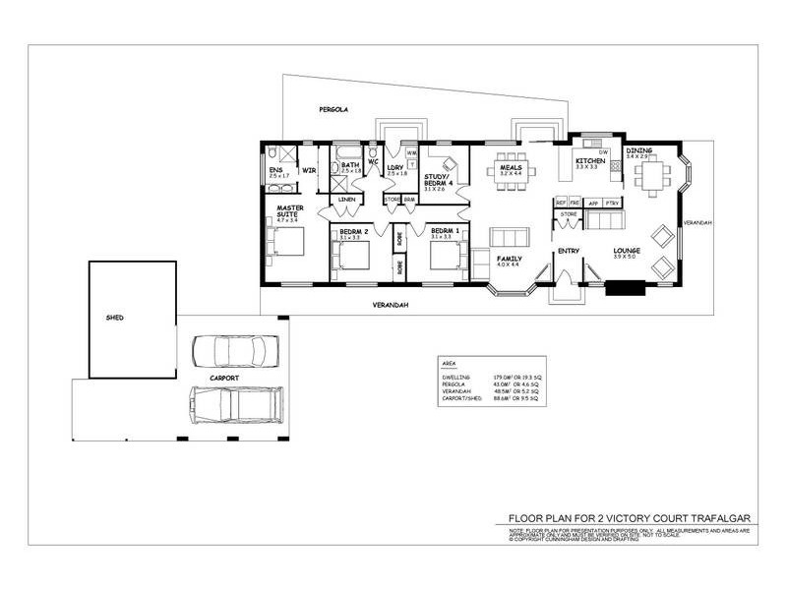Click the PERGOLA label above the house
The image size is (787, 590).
coord(321,109)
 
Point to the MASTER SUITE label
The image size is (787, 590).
coord(288,211)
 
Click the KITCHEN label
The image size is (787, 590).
coord(589,159)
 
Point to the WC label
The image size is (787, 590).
coord(373,163)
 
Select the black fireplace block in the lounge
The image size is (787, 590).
coord(624,288)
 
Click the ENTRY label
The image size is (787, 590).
coord(569,252)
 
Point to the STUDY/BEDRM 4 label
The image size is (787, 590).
coord(439,182)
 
